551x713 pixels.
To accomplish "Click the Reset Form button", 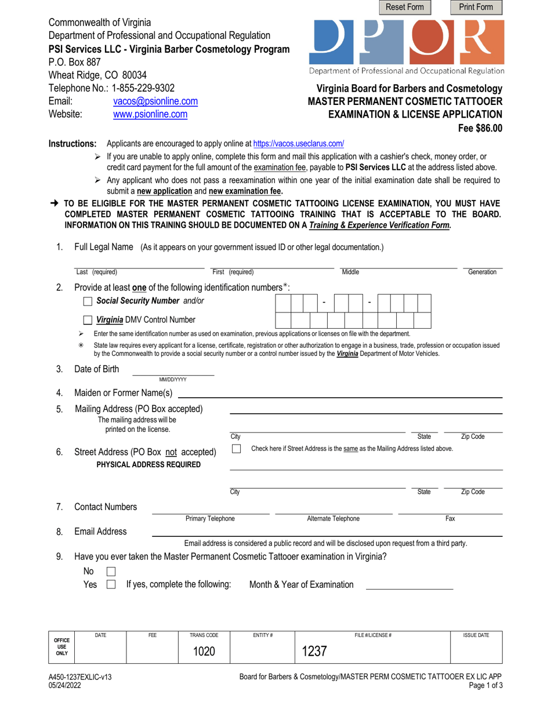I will click(x=405, y=8).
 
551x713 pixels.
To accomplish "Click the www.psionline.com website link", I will click(x=150, y=115).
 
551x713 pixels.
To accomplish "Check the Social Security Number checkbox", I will click(x=88, y=301).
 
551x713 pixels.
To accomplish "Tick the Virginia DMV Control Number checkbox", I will click(x=88, y=320).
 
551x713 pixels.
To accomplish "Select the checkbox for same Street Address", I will click(x=236, y=449).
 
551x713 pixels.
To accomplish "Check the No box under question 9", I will click(x=111, y=572).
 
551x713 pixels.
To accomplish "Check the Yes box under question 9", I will click(x=111, y=585).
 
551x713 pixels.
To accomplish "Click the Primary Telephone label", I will click(x=210, y=519).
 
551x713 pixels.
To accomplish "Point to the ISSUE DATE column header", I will click(x=476, y=636).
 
